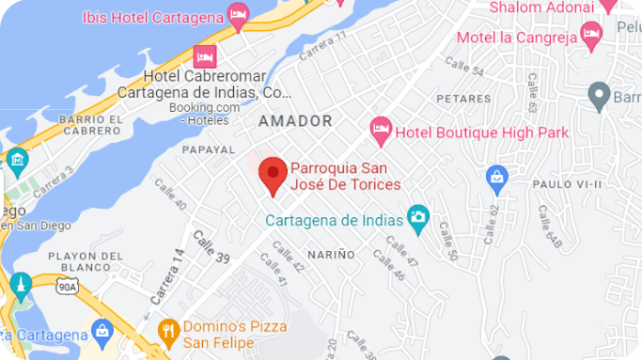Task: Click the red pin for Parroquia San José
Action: point(273,173)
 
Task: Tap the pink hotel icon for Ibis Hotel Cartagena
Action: point(239,14)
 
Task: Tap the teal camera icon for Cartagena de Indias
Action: point(418,220)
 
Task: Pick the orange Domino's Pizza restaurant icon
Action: point(168,329)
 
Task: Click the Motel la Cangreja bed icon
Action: point(591,35)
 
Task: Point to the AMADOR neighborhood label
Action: point(295,121)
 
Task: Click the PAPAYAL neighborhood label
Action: point(208,149)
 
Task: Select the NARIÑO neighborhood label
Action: point(330,255)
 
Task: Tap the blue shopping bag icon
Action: point(497,176)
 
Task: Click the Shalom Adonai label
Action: point(541,8)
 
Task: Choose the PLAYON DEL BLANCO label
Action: point(86,262)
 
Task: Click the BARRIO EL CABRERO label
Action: point(91,126)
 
